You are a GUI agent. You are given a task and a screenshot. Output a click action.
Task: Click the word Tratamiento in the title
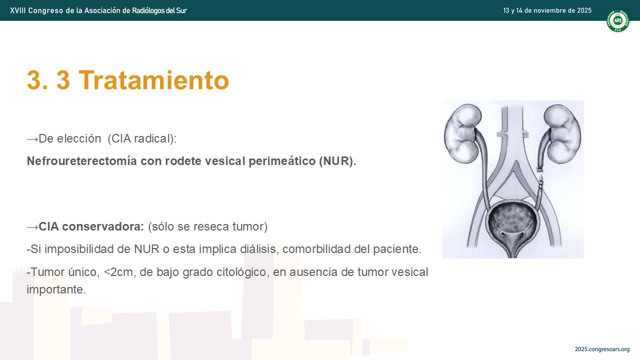click(153, 80)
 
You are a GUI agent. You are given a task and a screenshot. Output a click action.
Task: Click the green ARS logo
click(617, 20)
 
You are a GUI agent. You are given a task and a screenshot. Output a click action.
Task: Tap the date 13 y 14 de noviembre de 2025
click(547, 10)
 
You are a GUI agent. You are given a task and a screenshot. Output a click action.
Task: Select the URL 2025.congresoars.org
click(602, 349)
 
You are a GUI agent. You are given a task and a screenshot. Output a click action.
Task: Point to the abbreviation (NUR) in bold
click(337, 161)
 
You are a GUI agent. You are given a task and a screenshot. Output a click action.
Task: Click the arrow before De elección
click(32, 139)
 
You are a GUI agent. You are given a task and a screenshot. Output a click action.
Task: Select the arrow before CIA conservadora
click(32, 227)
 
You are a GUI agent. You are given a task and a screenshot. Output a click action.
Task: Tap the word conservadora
click(103, 226)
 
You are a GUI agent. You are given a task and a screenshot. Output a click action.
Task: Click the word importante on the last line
click(56, 289)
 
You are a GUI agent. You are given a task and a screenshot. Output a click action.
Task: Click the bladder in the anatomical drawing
click(513, 223)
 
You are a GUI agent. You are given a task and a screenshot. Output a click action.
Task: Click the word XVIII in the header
click(17, 10)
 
